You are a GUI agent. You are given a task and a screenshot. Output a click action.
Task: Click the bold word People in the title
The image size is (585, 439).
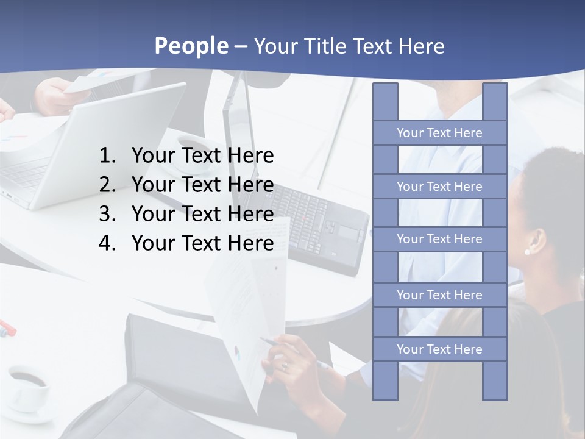pyautogui.click(x=191, y=46)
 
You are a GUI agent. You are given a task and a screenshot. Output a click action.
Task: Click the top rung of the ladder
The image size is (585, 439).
pyautogui.click(x=439, y=133)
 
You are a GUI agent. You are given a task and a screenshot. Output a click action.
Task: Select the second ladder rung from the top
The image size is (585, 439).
pyautogui.click(x=439, y=187)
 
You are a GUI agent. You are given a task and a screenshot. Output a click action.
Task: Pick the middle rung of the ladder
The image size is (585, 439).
pyautogui.click(x=439, y=239)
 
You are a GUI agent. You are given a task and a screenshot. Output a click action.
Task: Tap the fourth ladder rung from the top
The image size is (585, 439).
pyautogui.click(x=439, y=295)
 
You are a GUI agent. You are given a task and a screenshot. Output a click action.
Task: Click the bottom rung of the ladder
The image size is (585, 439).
pyautogui.click(x=439, y=349)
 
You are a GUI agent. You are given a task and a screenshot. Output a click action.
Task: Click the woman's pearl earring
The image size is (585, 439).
pyautogui.click(x=526, y=251)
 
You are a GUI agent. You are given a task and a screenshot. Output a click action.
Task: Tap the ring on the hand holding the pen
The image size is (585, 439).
pyautogui.click(x=284, y=366)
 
